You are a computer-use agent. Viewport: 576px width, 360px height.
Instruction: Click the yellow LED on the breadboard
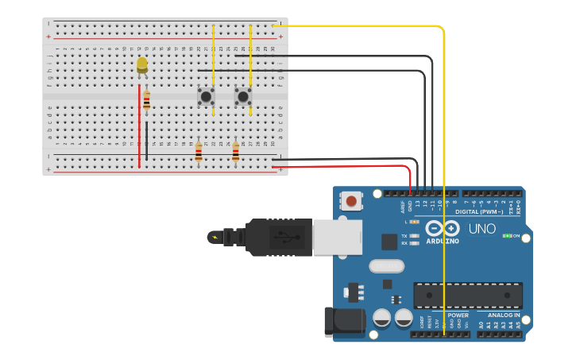pos(142,64)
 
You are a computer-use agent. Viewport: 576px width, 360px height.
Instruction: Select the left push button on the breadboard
pos(206,96)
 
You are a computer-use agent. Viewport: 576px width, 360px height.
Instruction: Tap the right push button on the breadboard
pos(243,96)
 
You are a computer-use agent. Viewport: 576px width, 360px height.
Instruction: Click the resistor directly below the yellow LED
pos(146,101)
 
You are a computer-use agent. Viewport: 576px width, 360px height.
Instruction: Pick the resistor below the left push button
pos(199,151)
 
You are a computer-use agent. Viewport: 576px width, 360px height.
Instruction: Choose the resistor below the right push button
pos(235,151)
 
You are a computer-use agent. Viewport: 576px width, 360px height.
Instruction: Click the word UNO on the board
pos(481,229)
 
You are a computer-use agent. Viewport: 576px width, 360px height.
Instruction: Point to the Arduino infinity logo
pos(442,229)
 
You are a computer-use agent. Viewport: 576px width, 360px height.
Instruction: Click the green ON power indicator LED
pos(508,236)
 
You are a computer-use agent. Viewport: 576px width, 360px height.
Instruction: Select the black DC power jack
pos(344,323)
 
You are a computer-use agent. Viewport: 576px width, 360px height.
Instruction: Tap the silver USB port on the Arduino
pos(338,237)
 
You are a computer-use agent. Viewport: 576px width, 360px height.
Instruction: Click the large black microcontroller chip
pos(467,295)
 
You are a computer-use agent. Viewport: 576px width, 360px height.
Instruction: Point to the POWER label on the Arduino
pos(457,315)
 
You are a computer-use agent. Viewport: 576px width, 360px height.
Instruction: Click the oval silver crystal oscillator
pos(387,266)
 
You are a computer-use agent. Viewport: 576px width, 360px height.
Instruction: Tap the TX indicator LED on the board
pos(414,236)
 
